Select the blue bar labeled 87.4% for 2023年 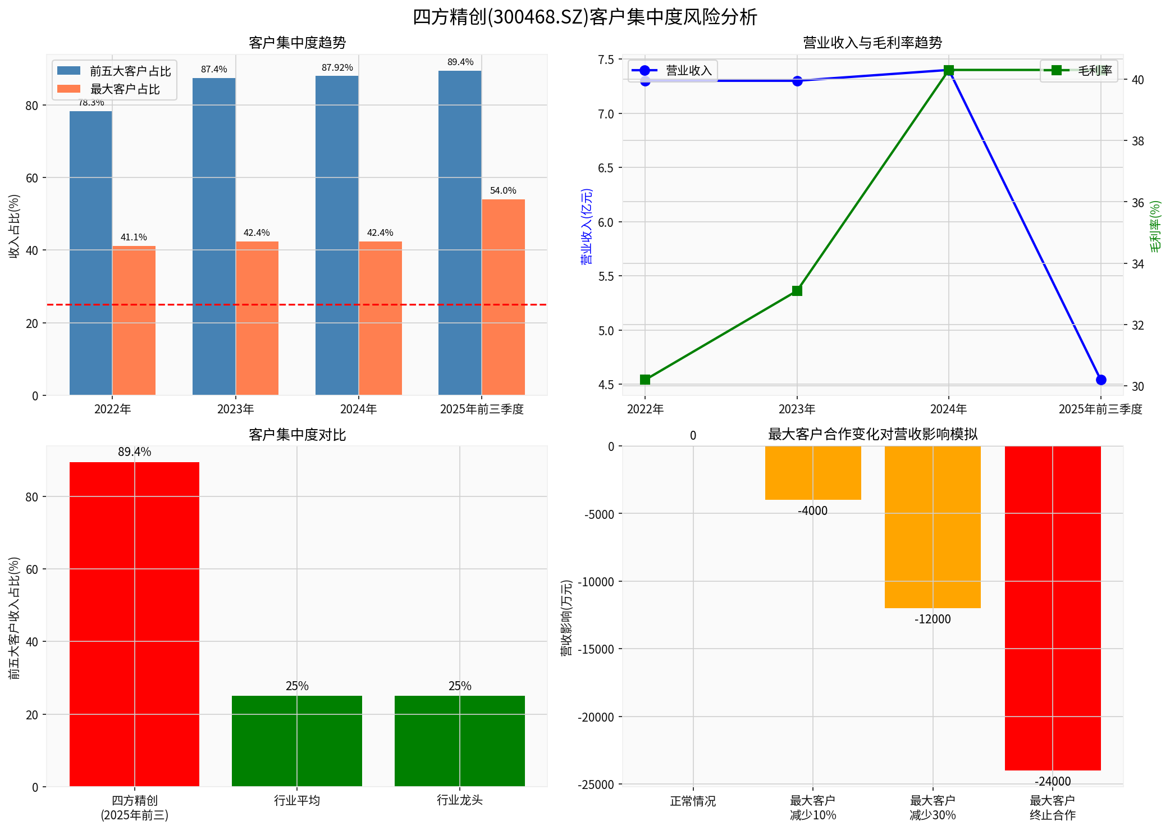point(214,236)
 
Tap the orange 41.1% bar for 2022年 point(134,320)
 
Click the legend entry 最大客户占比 point(125,89)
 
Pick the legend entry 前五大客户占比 point(130,71)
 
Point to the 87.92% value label point(337,68)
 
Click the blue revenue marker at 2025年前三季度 point(1100,380)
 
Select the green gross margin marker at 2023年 point(797,291)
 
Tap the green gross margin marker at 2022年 point(645,380)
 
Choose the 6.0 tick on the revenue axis point(606,222)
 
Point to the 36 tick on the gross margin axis point(1137,203)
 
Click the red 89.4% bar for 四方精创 point(134,623)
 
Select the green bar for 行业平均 point(297,741)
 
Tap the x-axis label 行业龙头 point(459,800)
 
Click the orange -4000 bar point(812,473)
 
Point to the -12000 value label point(933,619)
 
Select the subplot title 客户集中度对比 point(297,435)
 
